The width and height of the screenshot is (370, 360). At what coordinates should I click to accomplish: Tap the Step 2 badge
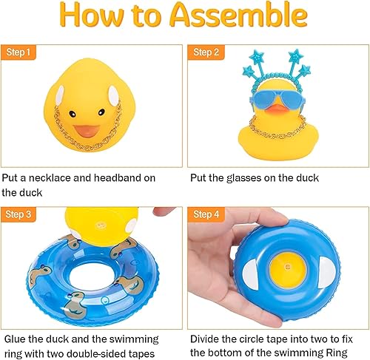(204, 52)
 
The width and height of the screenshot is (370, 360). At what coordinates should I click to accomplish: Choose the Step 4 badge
(204, 214)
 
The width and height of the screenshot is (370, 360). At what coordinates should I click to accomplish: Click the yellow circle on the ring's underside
(284, 263)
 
